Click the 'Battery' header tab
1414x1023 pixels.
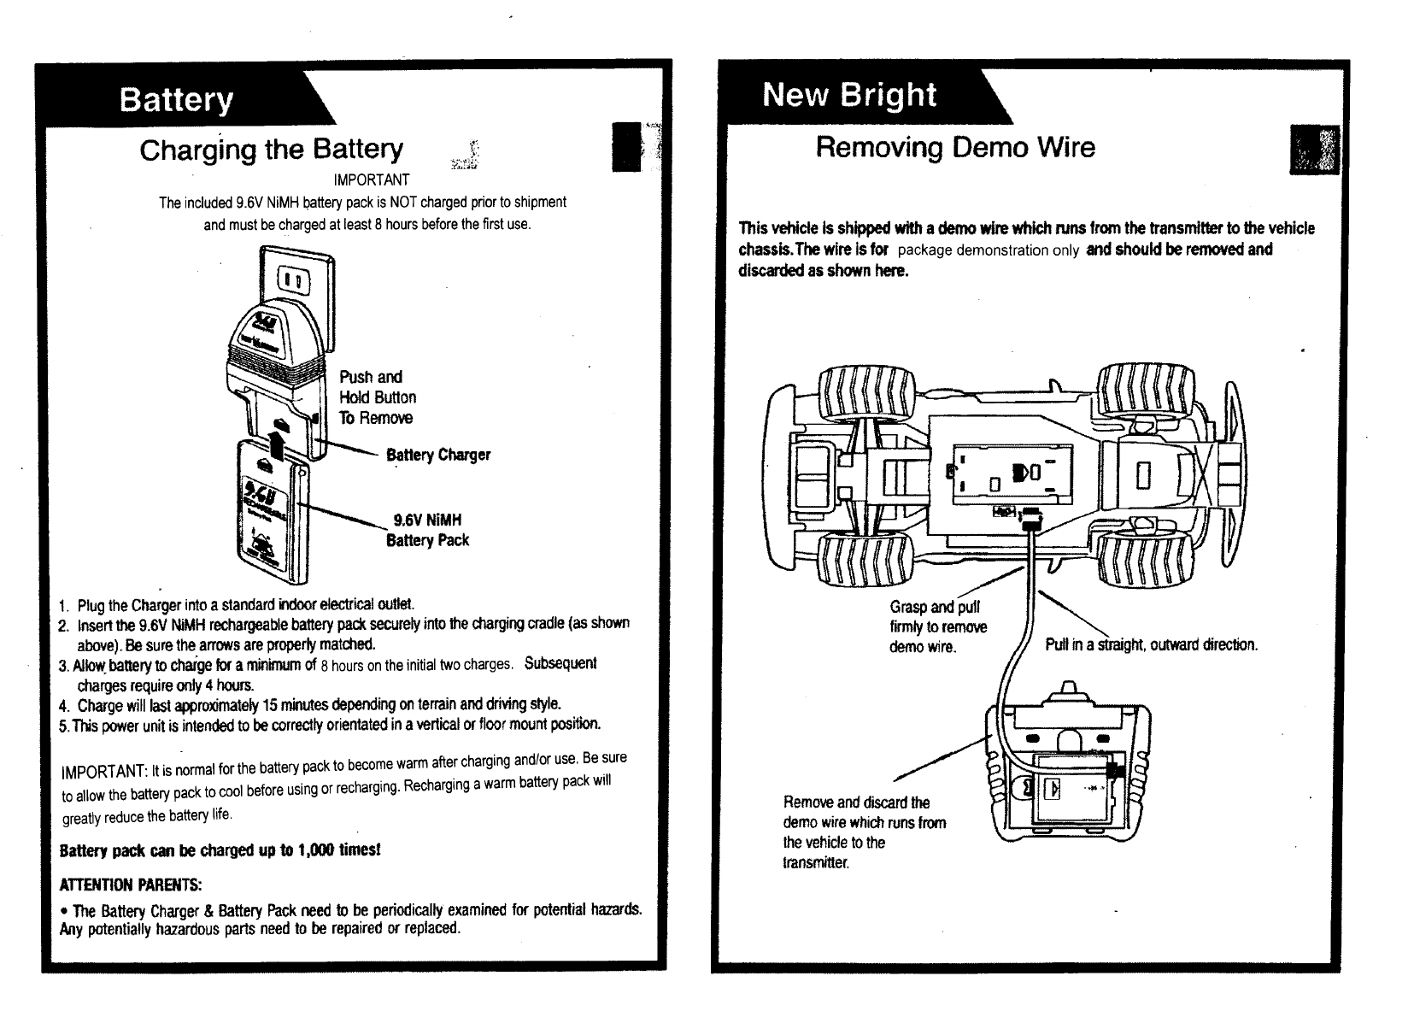point(176,100)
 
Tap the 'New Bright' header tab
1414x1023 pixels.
point(849,94)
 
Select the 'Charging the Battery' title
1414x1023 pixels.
point(271,150)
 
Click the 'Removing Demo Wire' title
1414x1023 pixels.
point(954,147)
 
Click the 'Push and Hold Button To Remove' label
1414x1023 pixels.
point(377,397)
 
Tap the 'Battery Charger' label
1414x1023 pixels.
point(438,455)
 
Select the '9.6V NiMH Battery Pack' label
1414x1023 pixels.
point(427,530)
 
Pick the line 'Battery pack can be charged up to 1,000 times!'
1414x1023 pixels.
point(220,851)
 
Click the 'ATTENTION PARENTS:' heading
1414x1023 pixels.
point(131,883)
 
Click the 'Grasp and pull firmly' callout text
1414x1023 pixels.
point(937,627)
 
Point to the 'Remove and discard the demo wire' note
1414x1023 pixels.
point(864,832)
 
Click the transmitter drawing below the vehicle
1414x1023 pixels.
point(1068,769)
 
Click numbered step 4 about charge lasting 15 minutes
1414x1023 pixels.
point(318,705)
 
